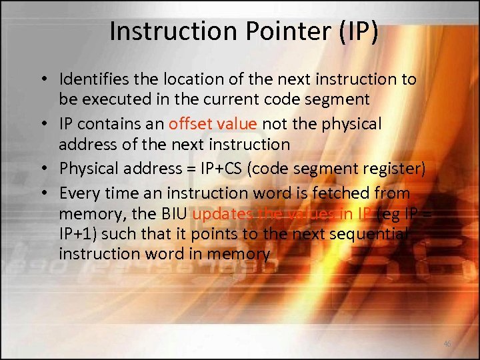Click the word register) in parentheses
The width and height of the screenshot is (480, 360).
(393, 169)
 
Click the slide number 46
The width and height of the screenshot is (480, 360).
(447, 344)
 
